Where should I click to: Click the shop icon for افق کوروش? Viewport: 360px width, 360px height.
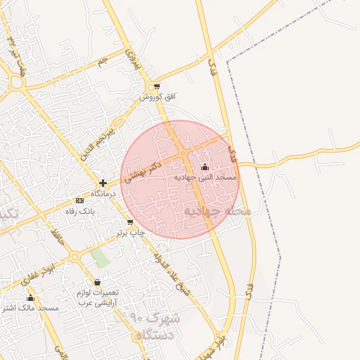click(157, 86)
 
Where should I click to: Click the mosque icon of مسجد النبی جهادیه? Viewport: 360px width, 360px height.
click(205, 167)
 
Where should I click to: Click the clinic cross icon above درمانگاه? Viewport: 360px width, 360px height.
click(103, 183)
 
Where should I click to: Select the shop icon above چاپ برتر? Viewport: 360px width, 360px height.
click(130, 222)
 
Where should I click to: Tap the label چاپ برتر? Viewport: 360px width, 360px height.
click(131, 233)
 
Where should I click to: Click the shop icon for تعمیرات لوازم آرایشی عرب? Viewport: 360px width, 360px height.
click(97, 282)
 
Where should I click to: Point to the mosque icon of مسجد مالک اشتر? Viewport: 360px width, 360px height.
click(30, 298)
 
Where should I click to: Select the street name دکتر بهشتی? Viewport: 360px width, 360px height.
click(143, 171)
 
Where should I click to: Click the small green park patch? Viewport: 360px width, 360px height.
click(100, 258)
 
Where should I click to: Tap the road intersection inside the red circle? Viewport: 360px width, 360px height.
click(183, 153)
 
